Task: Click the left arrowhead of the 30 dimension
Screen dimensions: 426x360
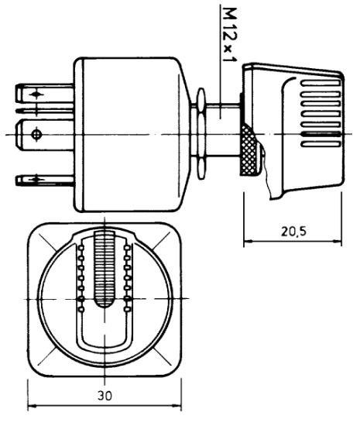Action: tap(33, 406)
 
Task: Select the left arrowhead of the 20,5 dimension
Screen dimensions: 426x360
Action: tap(248, 242)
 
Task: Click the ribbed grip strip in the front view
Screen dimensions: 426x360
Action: tap(105, 271)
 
